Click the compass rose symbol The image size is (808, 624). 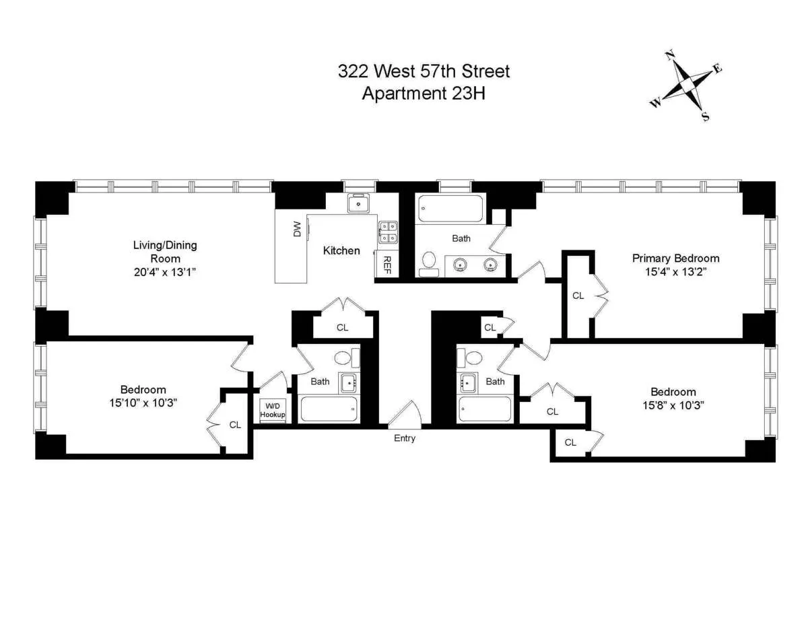(x=686, y=85)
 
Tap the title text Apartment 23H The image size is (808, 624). (x=424, y=93)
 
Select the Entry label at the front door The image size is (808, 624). (x=405, y=438)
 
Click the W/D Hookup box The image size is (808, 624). (x=273, y=410)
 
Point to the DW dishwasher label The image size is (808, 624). (x=297, y=230)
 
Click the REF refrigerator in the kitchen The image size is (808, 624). (x=388, y=263)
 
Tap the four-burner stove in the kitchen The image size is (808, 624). (x=388, y=232)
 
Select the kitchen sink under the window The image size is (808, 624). (x=359, y=203)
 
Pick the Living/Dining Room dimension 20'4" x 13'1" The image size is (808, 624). (x=165, y=272)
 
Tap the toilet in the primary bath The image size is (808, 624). (x=429, y=265)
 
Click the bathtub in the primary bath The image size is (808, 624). (x=450, y=209)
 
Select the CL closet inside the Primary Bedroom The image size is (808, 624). (x=578, y=295)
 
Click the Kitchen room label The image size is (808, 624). (x=341, y=250)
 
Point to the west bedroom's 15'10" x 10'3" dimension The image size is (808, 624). (x=143, y=403)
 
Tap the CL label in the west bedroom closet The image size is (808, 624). (x=235, y=425)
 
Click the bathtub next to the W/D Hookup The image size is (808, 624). (x=328, y=409)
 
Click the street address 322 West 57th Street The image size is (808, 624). (x=424, y=71)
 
